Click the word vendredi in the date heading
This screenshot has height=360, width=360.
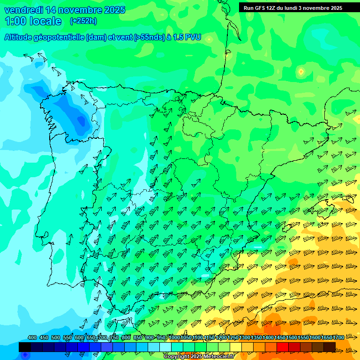click(23, 10)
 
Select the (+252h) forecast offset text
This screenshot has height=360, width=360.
click(83, 21)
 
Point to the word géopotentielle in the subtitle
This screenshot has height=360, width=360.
click(59, 37)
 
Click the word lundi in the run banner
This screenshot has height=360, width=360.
click(297, 8)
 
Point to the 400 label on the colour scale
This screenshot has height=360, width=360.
click(32, 338)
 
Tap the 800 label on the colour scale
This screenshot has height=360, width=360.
click(126, 338)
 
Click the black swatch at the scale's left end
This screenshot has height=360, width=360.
click(24, 347)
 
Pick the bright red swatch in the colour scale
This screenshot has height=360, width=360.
click(282, 347)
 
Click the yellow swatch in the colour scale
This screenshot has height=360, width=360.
click(235, 347)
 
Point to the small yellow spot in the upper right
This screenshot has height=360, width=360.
click(301, 72)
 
